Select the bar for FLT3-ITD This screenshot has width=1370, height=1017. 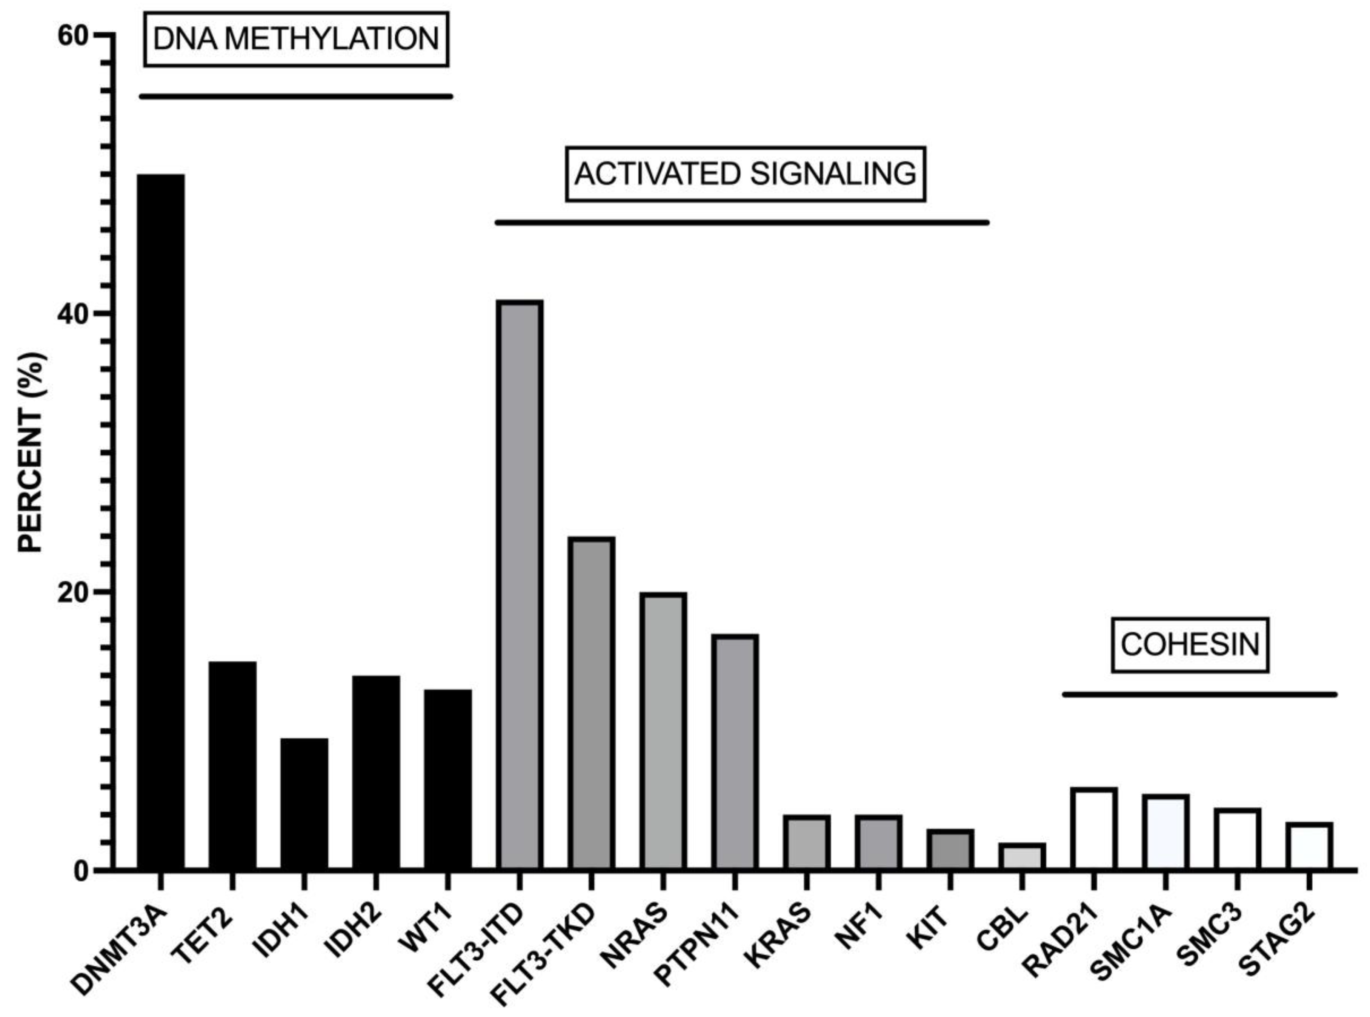pyautogui.click(x=519, y=585)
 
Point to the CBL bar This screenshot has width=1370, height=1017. pyautogui.click(x=1021, y=857)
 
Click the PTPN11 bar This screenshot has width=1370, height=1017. pyautogui.click(x=734, y=752)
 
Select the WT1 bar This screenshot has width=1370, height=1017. pyautogui.click(x=448, y=779)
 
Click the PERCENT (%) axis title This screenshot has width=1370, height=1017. pyautogui.click(x=31, y=453)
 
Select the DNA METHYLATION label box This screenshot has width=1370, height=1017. pyautogui.click(x=296, y=39)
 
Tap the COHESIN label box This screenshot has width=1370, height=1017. pyautogui.click(x=1190, y=644)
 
